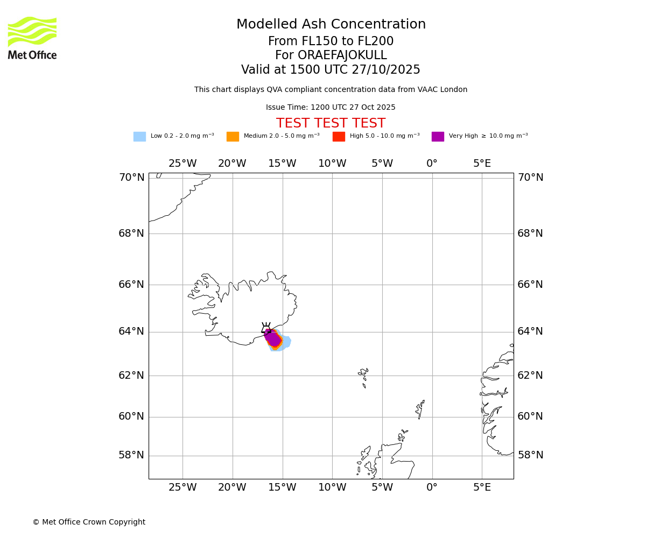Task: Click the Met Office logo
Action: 32,38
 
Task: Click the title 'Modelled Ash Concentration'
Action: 331,25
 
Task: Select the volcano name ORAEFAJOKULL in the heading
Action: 331,55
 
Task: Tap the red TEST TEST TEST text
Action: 331,124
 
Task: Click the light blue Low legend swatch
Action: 139,137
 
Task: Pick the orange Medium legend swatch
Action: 233,137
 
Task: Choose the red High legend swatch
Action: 339,137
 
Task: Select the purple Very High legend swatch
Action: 438,137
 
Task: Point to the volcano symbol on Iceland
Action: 266,328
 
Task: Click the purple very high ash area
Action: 273,338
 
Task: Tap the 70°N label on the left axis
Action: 131,178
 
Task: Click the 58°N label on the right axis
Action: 530,455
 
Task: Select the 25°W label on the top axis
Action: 182,164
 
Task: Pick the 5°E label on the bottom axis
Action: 482,487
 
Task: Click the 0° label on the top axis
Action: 432,164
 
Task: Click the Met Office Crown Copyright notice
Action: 89,522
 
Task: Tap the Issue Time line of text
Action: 331,108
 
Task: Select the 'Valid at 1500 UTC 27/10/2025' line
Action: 331,70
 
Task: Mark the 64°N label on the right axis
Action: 530,331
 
